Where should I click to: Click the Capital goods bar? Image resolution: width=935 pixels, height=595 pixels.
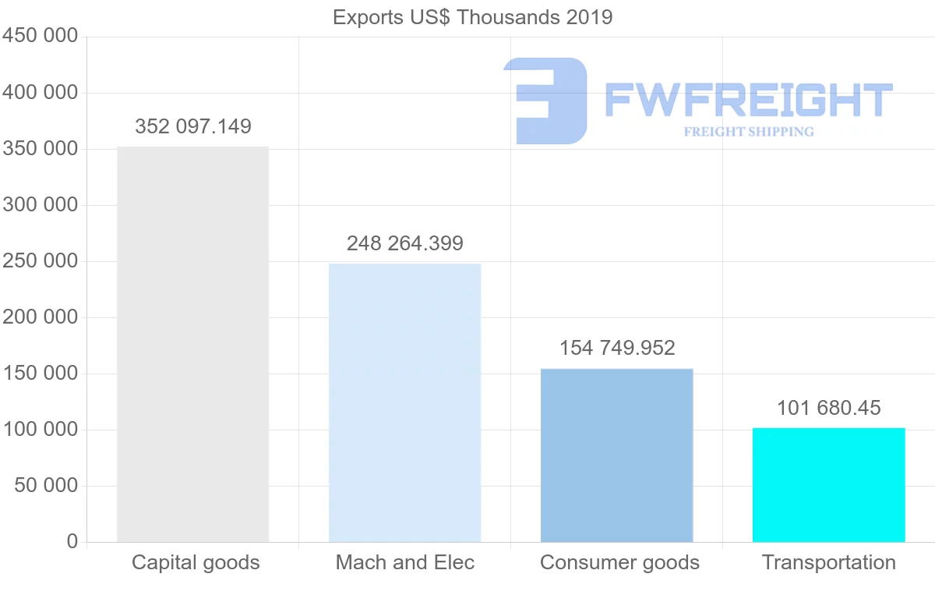pyautogui.click(x=192, y=344)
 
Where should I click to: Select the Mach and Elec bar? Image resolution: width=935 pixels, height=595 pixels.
pyautogui.click(x=404, y=402)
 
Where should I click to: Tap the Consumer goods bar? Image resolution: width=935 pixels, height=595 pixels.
pyautogui.click(x=616, y=455)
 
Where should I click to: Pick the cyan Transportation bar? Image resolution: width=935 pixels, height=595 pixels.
pyautogui.click(x=828, y=484)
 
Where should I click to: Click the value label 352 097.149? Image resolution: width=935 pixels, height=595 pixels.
pyautogui.click(x=193, y=126)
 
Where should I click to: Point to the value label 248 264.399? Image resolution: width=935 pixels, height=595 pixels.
pyautogui.click(x=405, y=243)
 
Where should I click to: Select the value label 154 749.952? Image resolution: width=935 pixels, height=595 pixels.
pyautogui.click(x=617, y=348)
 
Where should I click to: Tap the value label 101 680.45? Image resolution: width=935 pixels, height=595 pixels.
pyautogui.click(x=828, y=408)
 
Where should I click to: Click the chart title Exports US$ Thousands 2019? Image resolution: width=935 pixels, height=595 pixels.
pyautogui.click(x=472, y=17)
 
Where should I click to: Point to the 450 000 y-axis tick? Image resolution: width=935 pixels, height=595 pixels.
pyautogui.click(x=41, y=37)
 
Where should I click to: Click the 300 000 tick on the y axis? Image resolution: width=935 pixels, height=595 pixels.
pyautogui.click(x=41, y=205)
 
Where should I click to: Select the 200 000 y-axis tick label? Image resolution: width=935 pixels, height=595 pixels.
pyautogui.click(x=41, y=317)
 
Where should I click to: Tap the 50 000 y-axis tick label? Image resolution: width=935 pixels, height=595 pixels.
pyautogui.click(x=47, y=486)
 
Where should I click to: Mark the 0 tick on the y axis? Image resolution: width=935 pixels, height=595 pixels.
pyautogui.click(x=72, y=541)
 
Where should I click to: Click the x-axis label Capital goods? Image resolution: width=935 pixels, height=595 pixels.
pyautogui.click(x=196, y=562)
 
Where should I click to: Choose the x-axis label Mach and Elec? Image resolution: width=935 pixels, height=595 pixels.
pyautogui.click(x=405, y=562)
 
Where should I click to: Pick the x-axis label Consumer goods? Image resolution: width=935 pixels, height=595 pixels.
pyautogui.click(x=619, y=562)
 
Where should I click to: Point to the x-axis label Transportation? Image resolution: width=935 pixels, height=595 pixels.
pyautogui.click(x=829, y=562)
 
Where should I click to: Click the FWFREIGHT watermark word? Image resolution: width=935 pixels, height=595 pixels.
pyautogui.click(x=748, y=100)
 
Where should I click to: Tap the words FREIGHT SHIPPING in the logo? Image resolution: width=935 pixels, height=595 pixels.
pyautogui.click(x=749, y=132)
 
